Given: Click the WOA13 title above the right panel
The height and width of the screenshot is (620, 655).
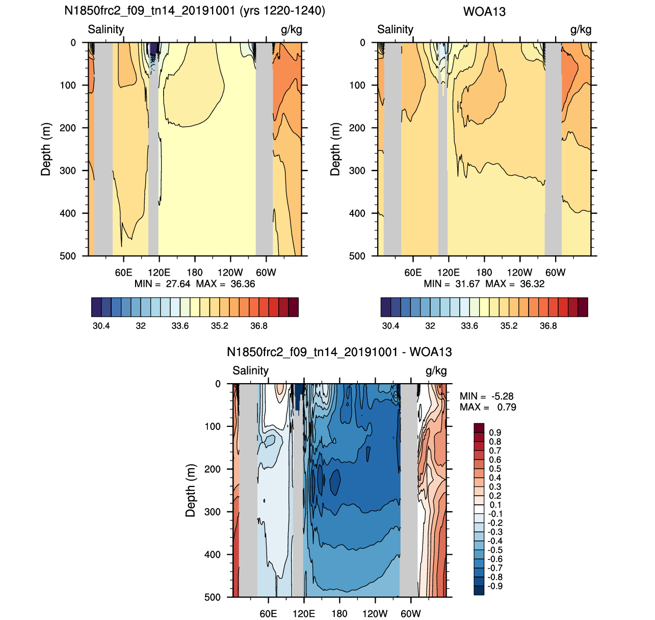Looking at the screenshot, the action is (x=484, y=12).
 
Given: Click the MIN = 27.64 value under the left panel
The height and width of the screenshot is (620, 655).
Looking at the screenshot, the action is (x=162, y=284).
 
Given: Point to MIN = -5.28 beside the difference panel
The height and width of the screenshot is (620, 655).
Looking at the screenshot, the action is (x=487, y=396).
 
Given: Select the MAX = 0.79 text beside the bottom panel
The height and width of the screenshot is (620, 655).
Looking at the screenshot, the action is (x=488, y=407).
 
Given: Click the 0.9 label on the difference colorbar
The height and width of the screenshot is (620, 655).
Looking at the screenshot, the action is (x=495, y=433).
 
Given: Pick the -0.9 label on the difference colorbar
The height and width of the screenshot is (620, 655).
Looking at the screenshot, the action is (x=495, y=586).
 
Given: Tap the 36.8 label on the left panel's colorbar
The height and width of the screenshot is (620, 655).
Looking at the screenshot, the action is (x=259, y=326).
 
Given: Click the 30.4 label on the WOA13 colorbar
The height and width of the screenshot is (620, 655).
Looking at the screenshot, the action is (x=390, y=326).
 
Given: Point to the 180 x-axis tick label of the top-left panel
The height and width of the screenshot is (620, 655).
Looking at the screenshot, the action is (x=195, y=273).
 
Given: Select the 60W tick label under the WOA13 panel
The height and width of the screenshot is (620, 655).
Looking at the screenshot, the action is (x=556, y=273).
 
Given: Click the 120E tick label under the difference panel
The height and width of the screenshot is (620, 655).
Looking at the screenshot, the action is (x=304, y=614).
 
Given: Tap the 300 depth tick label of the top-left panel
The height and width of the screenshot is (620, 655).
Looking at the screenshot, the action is (x=68, y=171).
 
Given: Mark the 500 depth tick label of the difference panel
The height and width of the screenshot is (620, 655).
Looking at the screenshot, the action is (x=213, y=597).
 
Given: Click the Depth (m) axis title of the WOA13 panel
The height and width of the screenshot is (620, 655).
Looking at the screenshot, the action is (x=335, y=149).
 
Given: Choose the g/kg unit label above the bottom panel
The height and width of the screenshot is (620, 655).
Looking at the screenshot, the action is (x=436, y=370).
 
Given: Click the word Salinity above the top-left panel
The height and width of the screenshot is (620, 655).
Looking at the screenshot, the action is (x=106, y=30).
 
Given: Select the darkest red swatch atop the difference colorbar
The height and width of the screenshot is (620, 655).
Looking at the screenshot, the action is (x=479, y=428).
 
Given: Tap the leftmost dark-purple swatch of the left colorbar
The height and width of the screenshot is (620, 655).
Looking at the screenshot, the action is (x=96, y=307).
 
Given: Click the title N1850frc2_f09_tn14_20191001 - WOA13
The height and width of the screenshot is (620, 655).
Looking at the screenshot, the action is (x=339, y=353).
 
